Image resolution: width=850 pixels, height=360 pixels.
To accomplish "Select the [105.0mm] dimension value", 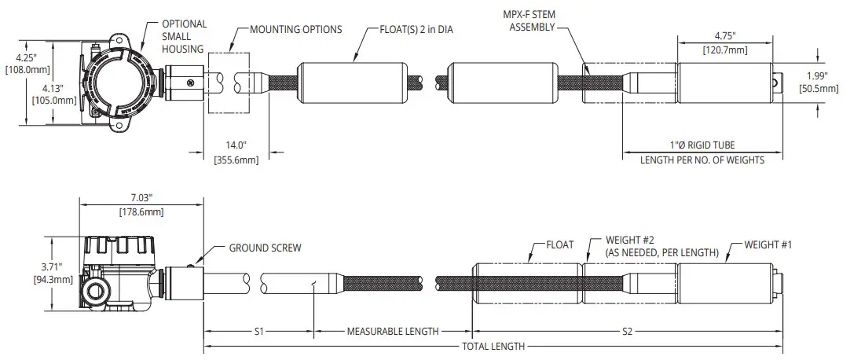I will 53,100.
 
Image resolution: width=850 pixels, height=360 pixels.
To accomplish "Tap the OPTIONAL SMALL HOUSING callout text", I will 184,36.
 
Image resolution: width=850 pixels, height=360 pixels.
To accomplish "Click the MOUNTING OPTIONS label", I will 295,30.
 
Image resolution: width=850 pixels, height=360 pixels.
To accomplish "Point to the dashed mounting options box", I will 229,83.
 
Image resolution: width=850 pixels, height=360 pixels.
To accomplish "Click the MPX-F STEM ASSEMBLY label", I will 532,21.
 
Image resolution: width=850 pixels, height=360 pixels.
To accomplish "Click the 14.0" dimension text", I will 236,146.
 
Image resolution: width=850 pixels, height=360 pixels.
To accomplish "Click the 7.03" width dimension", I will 141,200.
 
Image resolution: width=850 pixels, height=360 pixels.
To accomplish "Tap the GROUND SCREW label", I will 265,248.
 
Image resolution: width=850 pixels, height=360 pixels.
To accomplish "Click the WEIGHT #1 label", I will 768,244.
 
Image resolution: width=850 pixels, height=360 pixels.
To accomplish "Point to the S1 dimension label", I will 258,332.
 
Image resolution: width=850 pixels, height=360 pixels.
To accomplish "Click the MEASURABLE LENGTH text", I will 392,332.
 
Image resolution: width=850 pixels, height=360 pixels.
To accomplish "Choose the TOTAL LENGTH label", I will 493,347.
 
